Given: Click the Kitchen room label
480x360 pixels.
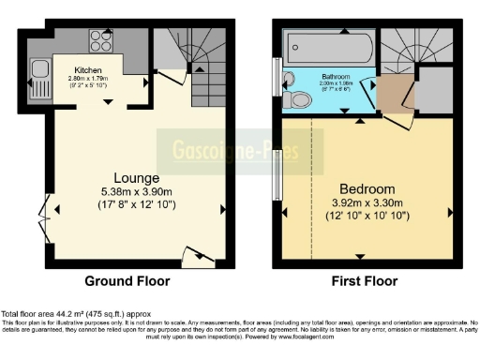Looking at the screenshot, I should pos(90,68).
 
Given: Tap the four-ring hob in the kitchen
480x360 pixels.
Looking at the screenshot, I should pos(101,40).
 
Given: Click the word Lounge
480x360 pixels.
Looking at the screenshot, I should pos(136,178).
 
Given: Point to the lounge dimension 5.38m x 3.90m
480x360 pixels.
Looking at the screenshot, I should pos(137,192).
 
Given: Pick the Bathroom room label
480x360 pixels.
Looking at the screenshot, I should pos(336,76).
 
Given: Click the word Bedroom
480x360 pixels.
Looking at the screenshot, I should pos(367,188).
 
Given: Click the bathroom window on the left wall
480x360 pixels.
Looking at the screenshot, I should pos(277,72).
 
